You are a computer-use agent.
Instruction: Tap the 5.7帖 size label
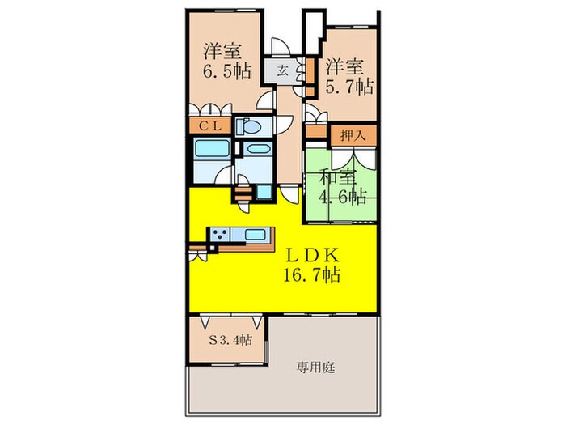pos(349,83)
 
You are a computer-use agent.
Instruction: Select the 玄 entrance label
pos(285,70)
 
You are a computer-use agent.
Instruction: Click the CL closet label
pos(211,126)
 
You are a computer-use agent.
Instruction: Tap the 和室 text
pos(335,174)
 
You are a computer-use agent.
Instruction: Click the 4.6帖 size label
pos(343,197)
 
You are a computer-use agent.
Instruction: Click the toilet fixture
pos(248,127)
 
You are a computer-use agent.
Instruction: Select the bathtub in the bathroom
pos(212,150)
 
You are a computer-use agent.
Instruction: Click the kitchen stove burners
pos(220,235)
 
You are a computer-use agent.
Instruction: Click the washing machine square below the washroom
pos(264,193)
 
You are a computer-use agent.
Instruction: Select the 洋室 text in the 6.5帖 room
pos(221,49)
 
